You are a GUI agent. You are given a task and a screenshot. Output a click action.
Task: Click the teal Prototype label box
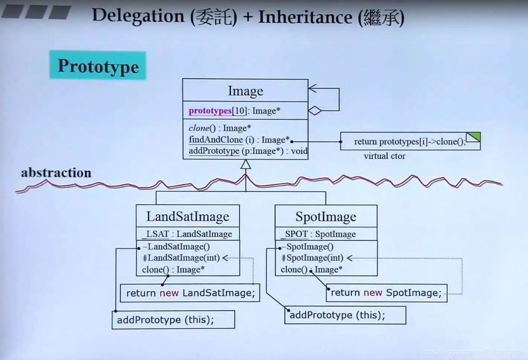click(x=98, y=65)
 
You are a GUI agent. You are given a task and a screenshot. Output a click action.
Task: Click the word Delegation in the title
click(x=138, y=16)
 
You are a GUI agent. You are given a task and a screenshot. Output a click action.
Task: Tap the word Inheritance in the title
click(x=305, y=17)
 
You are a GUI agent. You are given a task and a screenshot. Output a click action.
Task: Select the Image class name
click(x=245, y=91)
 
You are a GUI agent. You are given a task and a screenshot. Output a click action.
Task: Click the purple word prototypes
click(x=210, y=111)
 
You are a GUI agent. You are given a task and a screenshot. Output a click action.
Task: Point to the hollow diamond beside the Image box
click(x=315, y=111)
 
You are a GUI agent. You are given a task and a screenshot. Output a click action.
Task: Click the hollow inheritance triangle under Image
click(x=245, y=164)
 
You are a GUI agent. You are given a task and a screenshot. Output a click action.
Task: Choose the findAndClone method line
click(x=239, y=140)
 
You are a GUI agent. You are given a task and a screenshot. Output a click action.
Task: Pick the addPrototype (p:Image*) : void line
click(x=248, y=151)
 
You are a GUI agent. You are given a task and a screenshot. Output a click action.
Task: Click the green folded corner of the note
click(x=473, y=137)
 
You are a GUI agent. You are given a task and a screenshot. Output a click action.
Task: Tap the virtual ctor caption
click(x=385, y=156)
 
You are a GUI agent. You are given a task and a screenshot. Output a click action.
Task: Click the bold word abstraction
click(x=56, y=173)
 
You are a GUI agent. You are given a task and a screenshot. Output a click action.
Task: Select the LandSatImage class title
click(x=188, y=217)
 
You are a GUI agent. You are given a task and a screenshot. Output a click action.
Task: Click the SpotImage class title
click(x=326, y=217)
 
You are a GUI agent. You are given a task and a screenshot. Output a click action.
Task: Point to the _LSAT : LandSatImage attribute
click(x=187, y=234)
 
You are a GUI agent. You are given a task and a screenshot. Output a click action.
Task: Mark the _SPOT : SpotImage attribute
click(x=318, y=234)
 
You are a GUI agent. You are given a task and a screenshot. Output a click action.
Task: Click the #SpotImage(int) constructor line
click(x=313, y=258)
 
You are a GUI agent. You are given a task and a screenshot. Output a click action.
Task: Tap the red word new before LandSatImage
click(x=169, y=293)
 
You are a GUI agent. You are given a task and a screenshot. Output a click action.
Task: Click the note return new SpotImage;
click(x=387, y=293)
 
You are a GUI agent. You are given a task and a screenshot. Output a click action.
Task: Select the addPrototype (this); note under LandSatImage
click(x=173, y=320)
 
